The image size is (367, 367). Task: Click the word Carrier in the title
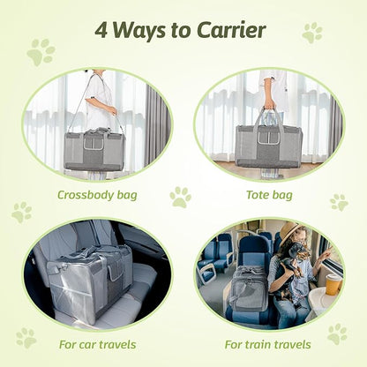(228, 30)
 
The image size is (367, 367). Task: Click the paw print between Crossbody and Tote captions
(180, 197)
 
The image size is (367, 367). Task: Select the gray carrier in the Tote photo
(270, 145)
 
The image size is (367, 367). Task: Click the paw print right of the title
(312, 33)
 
